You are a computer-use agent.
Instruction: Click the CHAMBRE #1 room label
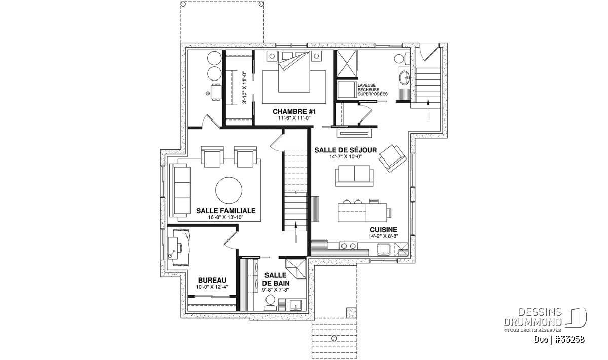coord(294,112)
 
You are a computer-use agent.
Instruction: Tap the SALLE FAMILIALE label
coord(226,211)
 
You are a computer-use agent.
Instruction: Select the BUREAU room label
coord(212,280)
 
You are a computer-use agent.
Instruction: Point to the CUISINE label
coord(383,230)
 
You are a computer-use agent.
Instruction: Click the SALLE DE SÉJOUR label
coord(346,150)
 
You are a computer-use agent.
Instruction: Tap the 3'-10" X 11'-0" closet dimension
coord(245,88)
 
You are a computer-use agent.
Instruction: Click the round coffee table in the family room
coord(229,190)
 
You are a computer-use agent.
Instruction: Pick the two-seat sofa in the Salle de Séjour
coord(354,176)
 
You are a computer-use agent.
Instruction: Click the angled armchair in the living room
coord(393,158)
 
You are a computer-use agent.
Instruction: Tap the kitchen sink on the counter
coord(384,249)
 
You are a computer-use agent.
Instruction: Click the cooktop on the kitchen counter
coord(349,246)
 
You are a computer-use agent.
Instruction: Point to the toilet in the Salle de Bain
coord(271,303)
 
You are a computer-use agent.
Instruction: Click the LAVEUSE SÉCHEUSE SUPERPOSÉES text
coord(372,90)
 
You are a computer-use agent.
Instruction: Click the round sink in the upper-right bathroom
coord(405,77)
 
